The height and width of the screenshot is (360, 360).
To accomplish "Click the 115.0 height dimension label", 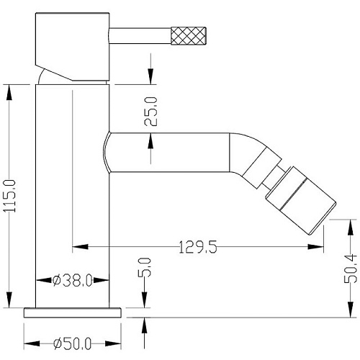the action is (x=9, y=196).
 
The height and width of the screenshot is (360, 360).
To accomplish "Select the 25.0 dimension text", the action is (x=150, y=112).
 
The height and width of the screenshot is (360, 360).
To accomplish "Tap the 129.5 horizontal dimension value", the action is (x=198, y=247).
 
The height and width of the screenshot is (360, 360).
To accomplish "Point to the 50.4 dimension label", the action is (x=351, y=269).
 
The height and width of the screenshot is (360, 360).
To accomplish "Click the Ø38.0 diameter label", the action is (x=73, y=280).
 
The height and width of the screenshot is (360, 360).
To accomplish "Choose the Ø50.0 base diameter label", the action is (x=73, y=343).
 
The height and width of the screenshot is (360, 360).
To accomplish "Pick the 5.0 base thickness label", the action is (x=145, y=268).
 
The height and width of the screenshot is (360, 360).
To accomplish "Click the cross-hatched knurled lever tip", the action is (x=189, y=36).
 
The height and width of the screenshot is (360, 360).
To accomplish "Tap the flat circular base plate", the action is (x=73, y=312).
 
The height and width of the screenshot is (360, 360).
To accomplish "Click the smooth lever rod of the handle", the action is (x=140, y=36).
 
